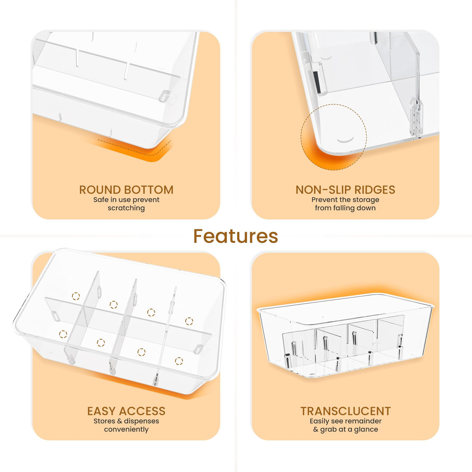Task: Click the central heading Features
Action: point(236,236)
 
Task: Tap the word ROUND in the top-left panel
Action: point(100,190)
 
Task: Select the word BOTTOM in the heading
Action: point(149,190)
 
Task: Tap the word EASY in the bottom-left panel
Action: point(101,411)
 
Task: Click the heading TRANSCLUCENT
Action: point(346,411)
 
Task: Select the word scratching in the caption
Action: point(126,208)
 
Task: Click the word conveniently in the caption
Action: point(126,430)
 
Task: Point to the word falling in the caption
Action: point(345,208)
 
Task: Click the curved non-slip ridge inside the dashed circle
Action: point(346,140)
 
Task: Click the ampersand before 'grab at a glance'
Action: point(316,430)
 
